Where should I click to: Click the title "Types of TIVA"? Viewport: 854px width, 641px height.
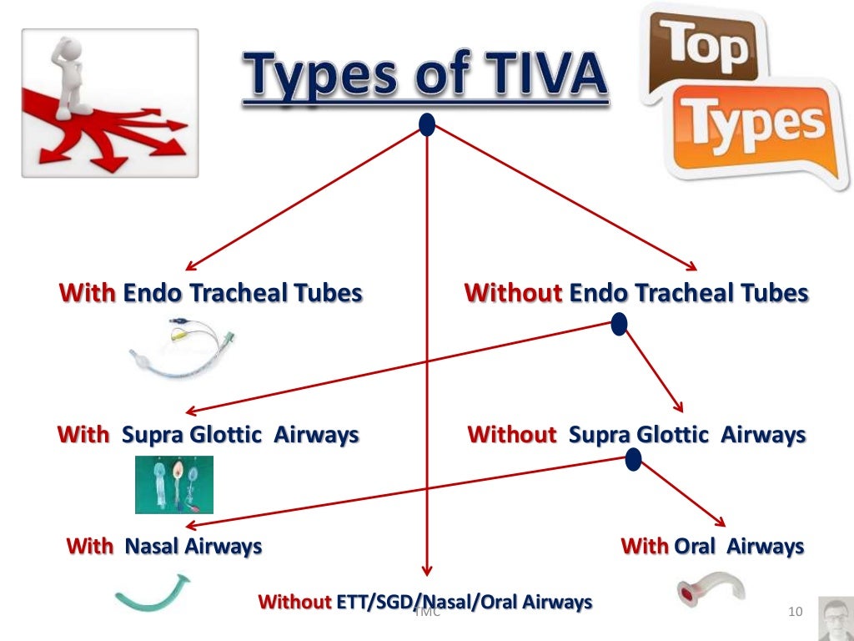[x=425, y=74]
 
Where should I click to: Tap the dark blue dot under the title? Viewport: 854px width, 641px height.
[x=427, y=125]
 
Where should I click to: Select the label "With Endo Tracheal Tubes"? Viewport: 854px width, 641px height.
[x=211, y=294]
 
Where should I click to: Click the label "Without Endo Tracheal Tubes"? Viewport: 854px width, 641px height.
[x=636, y=294]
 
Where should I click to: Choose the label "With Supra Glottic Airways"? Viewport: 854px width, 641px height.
[x=208, y=435]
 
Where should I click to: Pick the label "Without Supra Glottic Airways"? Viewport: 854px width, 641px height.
[x=636, y=435]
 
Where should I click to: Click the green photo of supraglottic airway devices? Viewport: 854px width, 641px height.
[x=174, y=484]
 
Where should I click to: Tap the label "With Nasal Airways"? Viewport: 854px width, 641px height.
[x=164, y=547]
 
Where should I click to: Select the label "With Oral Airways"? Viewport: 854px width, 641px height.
[x=712, y=547]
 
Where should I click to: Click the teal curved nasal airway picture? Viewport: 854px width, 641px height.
[x=151, y=591]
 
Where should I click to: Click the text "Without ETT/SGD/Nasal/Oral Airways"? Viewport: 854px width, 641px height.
[x=425, y=602]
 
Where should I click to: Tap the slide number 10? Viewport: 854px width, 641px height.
[x=794, y=614]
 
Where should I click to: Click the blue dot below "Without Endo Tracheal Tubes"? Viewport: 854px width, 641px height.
[x=619, y=324]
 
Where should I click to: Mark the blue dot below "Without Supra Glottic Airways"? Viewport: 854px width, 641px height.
[x=633, y=457]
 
